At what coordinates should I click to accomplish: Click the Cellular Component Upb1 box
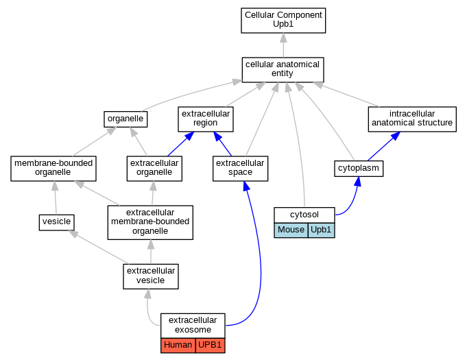click(283, 21)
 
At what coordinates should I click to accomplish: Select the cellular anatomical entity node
click(283, 70)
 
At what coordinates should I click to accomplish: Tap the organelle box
click(125, 119)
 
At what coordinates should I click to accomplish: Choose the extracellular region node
click(206, 119)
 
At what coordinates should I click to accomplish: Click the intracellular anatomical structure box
click(412, 119)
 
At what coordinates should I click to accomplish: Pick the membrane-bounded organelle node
click(53, 169)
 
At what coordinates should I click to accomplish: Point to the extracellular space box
click(240, 169)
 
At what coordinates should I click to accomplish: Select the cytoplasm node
click(359, 169)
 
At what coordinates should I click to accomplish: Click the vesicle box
click(57, 222)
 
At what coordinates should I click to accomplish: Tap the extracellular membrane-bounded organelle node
click(150, 222)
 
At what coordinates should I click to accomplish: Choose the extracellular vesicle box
click(151, 276)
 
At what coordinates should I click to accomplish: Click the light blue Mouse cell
click(291, 230)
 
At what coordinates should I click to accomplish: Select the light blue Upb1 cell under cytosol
click(322, 230)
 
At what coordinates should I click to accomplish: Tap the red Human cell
click(178, 346)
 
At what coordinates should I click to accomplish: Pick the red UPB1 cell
click(211, 346)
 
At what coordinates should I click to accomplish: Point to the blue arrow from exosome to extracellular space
click(260, 256)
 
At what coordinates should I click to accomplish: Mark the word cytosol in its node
click(304, 215)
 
